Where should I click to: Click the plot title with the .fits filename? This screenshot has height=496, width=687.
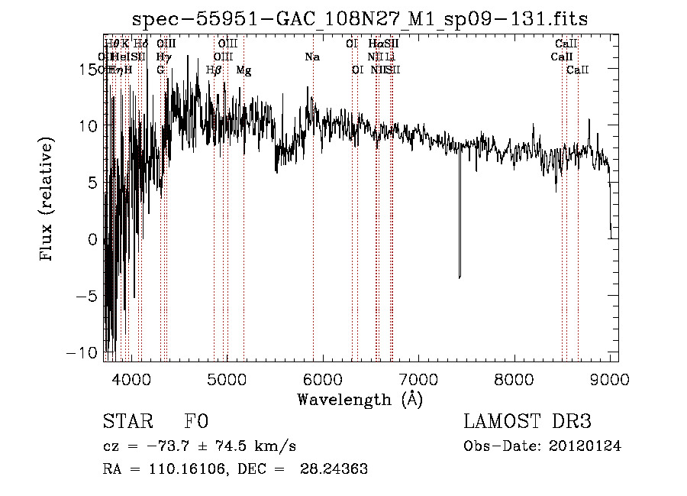[360, 19]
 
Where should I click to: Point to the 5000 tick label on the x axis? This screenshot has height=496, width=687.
[226, 379]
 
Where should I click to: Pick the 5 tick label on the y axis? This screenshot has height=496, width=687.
[92, 183]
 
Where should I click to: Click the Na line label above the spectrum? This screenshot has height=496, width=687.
[311, 57]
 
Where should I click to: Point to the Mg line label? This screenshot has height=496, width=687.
[244, 70]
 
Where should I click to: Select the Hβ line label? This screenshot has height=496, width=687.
[214, 70]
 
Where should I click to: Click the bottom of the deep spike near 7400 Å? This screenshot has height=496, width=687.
[460, 277]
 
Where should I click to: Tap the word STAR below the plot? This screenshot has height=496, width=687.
[127, 423]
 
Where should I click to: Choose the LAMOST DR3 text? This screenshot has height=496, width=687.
[527, 423]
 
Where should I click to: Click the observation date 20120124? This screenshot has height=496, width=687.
[584, 446]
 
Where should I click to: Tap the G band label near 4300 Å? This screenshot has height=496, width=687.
[160, 70]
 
